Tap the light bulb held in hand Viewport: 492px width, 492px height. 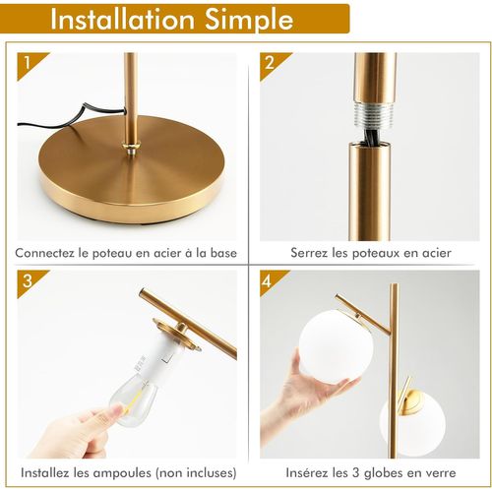tap(144, 388)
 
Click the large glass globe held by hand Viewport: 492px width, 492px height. tap(336, 344)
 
